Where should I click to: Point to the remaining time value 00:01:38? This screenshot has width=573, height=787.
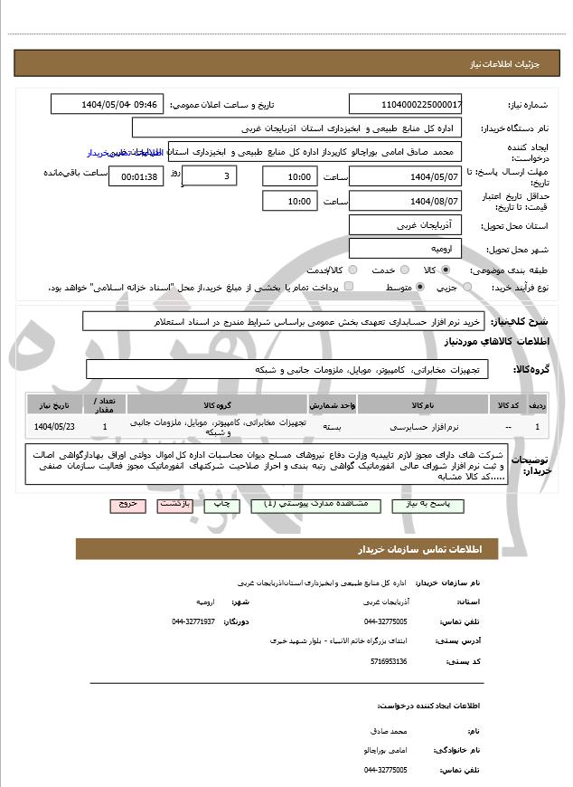[136, 175]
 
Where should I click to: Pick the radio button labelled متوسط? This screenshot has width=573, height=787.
[419, 287]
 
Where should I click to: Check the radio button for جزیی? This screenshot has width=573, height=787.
[466, 287]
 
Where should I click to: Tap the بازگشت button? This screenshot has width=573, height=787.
[174, 504]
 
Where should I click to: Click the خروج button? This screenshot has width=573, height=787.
[127, 504]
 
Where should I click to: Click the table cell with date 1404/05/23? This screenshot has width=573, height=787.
[55, 425]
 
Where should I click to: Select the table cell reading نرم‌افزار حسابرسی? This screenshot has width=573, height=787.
[421, 425]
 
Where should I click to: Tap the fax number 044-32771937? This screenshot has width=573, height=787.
[193, 621]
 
